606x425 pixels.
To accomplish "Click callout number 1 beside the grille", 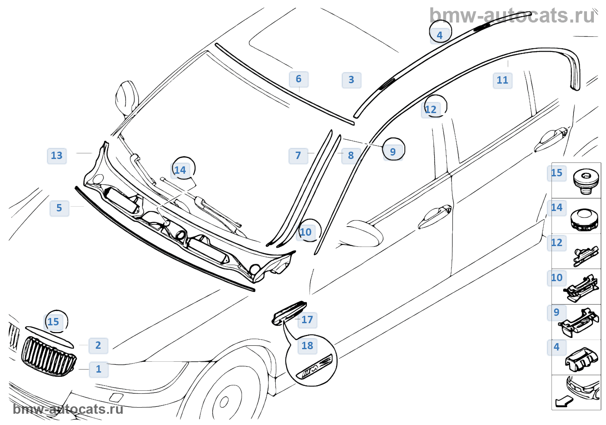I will [99, 369].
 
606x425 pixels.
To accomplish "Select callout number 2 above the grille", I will [98, 345].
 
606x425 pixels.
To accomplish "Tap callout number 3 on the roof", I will [351, 80].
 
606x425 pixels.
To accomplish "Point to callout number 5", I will [59, 208].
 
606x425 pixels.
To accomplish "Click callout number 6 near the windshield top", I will [298, 79].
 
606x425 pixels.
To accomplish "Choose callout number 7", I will [298, 156].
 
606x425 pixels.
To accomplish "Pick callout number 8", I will [351, 156].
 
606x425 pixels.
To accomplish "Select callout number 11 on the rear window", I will [502, 80].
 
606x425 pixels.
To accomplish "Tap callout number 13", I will [57, 156].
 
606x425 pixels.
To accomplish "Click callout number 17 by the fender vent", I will [307, 320].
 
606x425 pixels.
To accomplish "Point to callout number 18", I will [307, 346].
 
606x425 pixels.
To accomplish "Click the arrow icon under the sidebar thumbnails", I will [564, 402].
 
